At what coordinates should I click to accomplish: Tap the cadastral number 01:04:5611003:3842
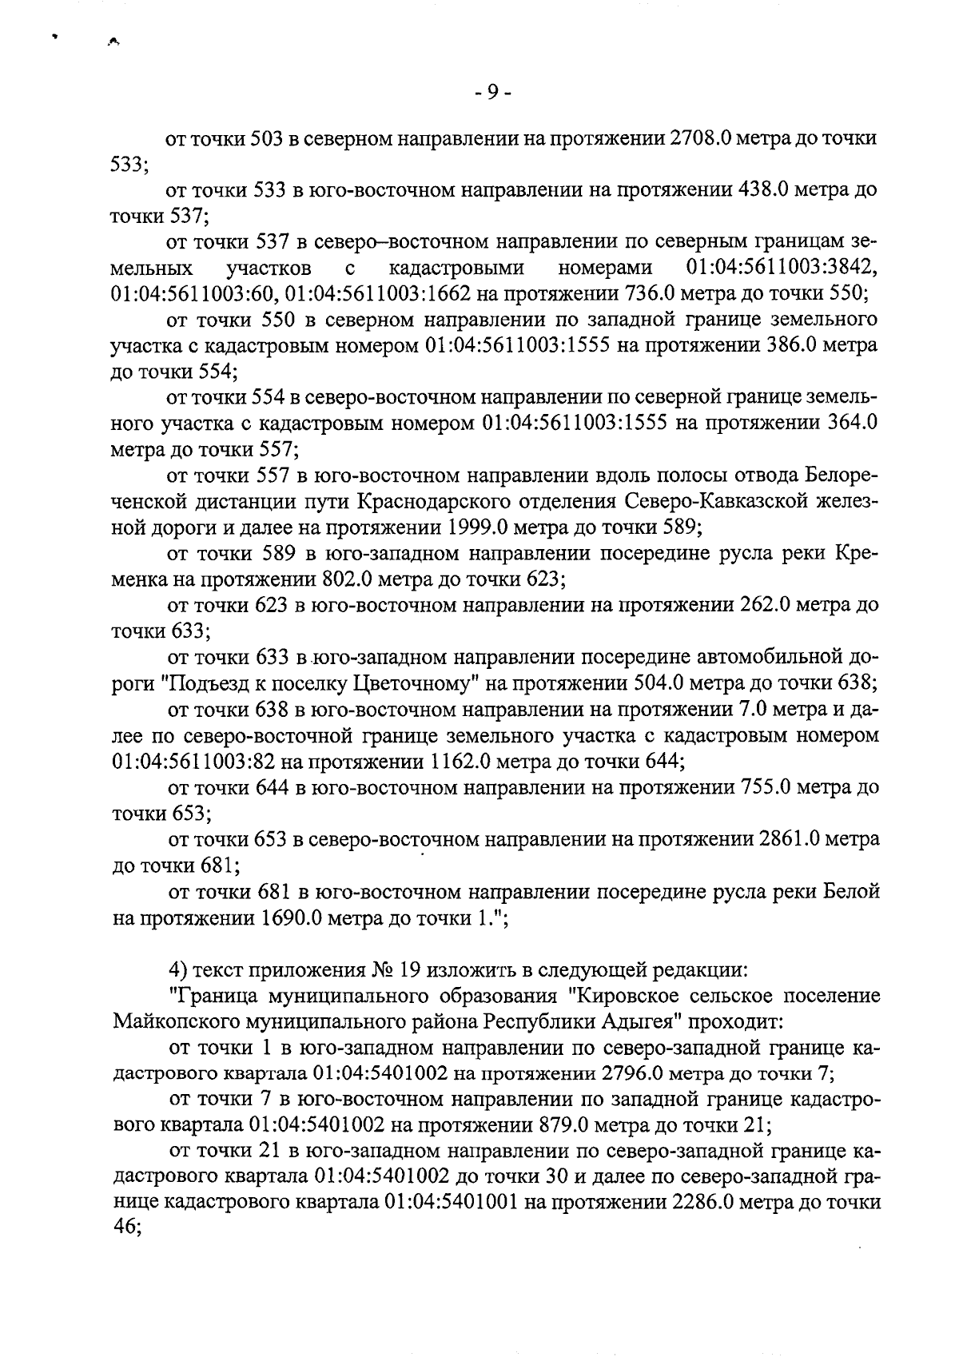781,267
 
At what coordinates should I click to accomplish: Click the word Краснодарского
434,502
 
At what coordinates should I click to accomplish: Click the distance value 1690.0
291,917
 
